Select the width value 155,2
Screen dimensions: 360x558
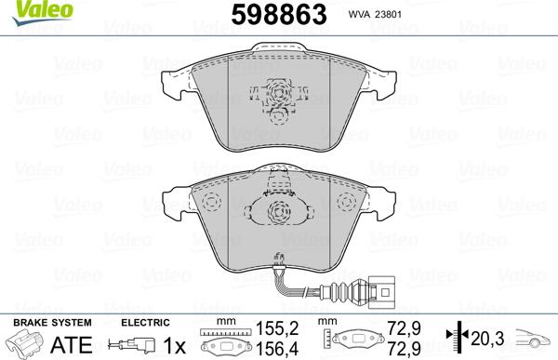pos(271,327)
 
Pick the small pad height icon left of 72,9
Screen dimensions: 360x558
pos(361,340)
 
